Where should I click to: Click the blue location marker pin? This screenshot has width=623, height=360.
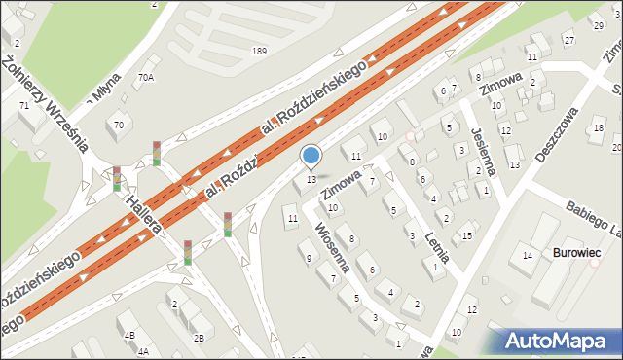(x=311, y=157)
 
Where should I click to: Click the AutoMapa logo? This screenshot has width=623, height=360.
(x=560, y=342)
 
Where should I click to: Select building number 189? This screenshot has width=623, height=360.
(x=258, y=51)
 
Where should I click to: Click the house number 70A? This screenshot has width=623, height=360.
(x=145, y=76)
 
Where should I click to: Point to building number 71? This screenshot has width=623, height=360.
(x=24, y=104)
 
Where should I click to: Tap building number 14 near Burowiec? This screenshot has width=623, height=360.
(x=527, y=255)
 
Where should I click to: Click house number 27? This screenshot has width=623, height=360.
(x=569, y=40)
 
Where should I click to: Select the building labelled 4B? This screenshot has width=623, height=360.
(x=129, y=335)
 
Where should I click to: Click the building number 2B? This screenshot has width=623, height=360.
(x=198, y=338)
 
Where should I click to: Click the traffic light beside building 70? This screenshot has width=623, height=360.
(x=156, y=154)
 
